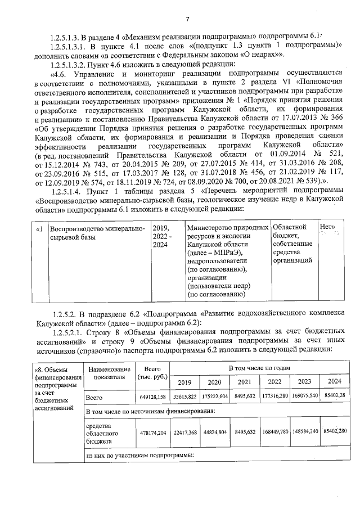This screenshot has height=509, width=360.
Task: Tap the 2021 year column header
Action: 244,382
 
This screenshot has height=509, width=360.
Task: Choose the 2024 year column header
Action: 334,382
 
